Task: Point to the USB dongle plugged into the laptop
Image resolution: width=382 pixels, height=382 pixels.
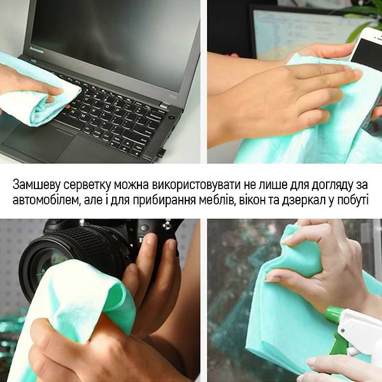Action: click(161, 153)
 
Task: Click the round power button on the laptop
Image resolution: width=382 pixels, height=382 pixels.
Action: click(172, 117)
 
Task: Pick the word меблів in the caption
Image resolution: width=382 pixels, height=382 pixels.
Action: click(222, 201)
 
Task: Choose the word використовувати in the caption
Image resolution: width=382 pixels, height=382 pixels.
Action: click(202, 185)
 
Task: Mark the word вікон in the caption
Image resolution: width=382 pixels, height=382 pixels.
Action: click(261, 201)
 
